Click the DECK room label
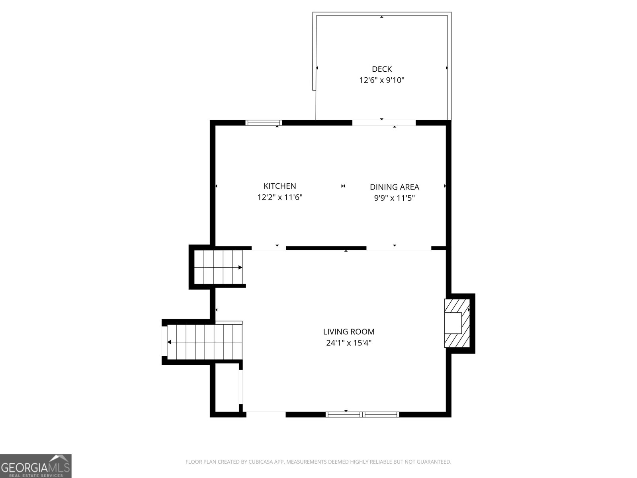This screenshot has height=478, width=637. (382, 69)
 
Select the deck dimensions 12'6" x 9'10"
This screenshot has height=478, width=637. (382, 80)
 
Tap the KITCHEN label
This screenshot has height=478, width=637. (280, 186)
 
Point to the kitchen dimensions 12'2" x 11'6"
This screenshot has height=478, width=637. (280, 197)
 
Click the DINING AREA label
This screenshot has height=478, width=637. (394, 187)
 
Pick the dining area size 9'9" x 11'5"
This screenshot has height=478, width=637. (394, 198)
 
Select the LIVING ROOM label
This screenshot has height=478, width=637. (349, 331)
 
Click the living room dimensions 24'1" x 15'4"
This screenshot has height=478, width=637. (349, 343)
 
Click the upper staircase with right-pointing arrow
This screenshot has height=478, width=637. (218, 267)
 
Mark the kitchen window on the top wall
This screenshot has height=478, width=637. (264, 123)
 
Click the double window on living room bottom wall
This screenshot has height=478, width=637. (362, 414)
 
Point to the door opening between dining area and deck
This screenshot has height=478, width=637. (384, 123)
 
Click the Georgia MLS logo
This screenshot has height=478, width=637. (36, 466)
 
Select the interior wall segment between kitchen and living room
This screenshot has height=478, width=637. (326, 248)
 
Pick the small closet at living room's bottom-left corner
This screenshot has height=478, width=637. (227, 388)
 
